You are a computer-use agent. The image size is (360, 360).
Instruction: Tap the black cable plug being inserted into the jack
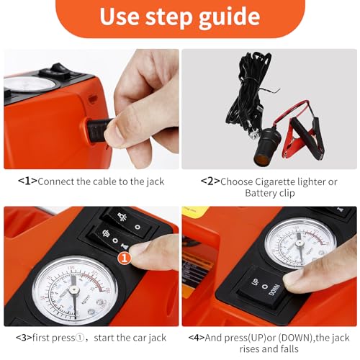point(99,131)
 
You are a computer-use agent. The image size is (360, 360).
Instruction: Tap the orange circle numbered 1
point(125,258)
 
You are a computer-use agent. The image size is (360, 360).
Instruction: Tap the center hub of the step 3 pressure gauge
point(74,290)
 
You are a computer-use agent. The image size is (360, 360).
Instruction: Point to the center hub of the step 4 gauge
point(300,244)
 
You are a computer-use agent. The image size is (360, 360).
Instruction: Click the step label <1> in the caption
point(28,181)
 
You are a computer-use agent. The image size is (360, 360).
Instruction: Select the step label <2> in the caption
point(210,181)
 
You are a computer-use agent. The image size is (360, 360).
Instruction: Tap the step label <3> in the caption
point(24,338)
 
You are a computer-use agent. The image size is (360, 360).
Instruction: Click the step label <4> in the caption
point(197,338)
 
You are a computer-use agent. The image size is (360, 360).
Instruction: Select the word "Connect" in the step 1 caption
point(56,181)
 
